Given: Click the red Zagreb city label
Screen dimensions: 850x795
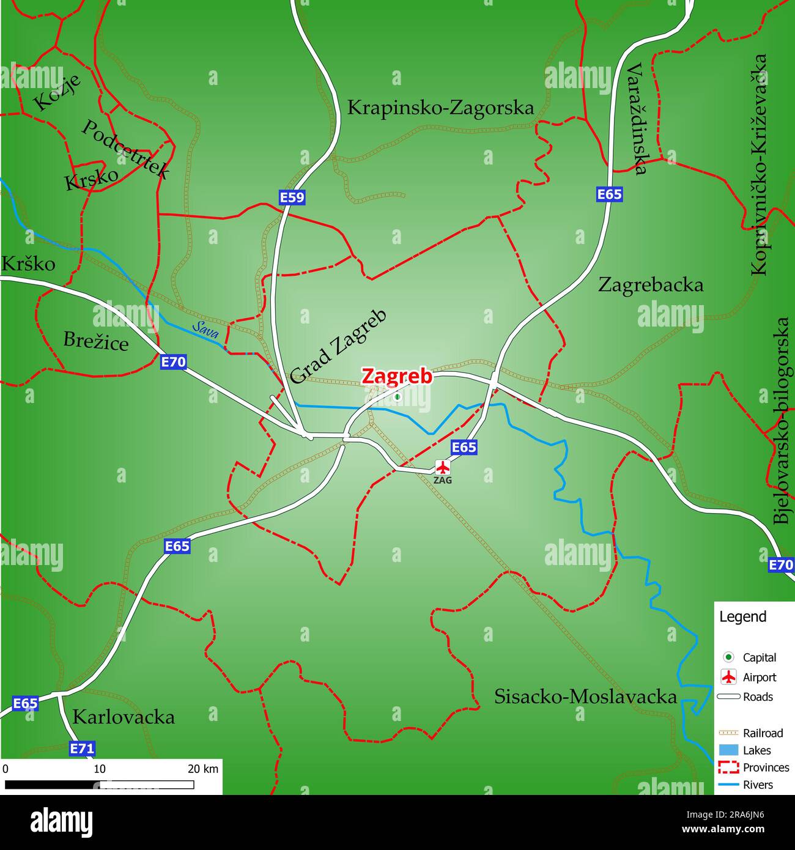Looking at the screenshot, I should coord(397,376).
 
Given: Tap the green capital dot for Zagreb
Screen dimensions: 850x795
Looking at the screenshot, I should coord(397,397).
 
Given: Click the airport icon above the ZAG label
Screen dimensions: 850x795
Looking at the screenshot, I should coord(442,467).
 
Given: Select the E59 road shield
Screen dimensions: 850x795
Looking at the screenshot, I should coord(292,197).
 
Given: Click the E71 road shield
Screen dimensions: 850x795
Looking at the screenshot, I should coord(81,748).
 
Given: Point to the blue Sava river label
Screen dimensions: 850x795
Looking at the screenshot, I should coord(205,328).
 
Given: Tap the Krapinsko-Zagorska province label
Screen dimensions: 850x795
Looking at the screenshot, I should coord(440,108).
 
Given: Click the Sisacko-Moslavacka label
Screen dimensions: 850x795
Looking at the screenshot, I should coord(585,696).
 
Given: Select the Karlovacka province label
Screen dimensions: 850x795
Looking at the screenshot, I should coord(124,716).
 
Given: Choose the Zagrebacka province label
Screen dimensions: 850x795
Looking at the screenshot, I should coord(650,284).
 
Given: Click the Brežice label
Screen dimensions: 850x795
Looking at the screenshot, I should coord(96,340).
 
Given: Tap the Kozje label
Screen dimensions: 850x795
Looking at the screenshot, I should coord(57,92).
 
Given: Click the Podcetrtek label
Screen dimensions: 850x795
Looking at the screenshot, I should coord(125,149).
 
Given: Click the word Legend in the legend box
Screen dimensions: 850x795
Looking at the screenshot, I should coord(742,616).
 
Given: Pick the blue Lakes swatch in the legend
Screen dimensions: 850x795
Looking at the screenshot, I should coord(728,750).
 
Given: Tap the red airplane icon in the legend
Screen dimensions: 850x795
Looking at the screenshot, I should coord(728,677).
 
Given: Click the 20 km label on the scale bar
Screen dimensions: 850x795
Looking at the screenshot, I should coord(202,769).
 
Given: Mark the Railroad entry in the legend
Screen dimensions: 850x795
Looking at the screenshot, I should coord(763,733).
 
